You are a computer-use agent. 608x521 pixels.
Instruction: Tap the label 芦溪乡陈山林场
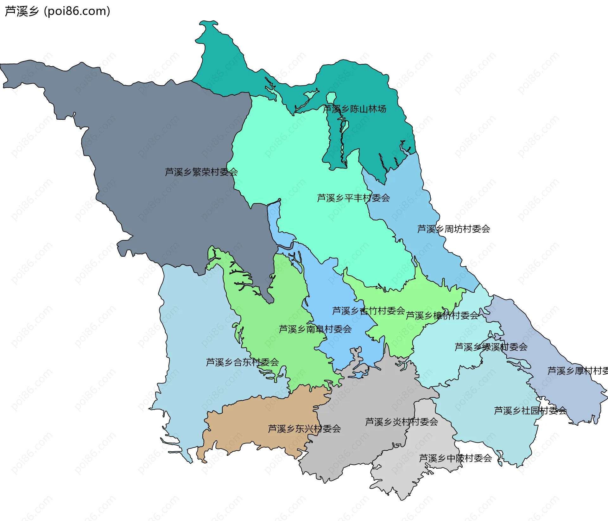click(354, 109)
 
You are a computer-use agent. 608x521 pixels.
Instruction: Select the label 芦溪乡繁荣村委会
click(201, 172)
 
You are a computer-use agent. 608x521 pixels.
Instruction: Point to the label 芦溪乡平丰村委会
click(353, 198)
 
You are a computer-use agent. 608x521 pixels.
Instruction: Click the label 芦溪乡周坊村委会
click(453, 229)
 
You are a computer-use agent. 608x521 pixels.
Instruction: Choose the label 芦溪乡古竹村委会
click(368, 311)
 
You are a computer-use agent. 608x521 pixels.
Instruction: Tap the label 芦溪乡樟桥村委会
click(442, 315)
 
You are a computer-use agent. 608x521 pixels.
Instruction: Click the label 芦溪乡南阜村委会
click(315, 329)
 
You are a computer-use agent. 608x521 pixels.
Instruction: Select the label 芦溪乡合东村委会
click(242, 362)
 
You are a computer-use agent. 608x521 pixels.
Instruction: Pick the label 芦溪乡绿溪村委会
click(491, 347)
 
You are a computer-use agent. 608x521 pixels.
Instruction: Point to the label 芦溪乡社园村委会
click(530, 411)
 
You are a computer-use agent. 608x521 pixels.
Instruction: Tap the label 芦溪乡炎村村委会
click(401, 422)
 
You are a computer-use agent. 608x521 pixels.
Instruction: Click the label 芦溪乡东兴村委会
click(304, 429)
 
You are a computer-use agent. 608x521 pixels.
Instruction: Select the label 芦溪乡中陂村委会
click(455, 458)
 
